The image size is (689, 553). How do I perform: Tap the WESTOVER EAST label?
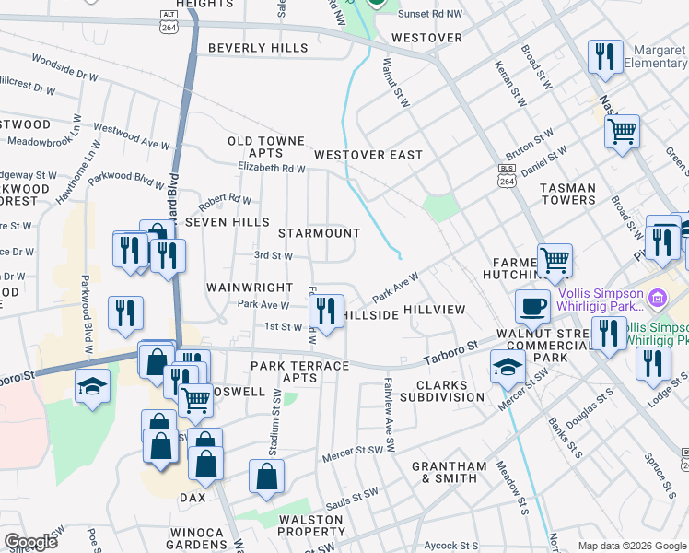point(368,155)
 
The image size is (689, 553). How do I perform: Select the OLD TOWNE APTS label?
point(266,147)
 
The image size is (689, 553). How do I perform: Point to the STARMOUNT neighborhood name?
point(319,233)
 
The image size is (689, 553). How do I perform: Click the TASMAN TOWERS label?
point(568,194)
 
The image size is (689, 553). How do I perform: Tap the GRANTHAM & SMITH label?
point(449,472)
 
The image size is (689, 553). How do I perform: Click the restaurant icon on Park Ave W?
point(327,311)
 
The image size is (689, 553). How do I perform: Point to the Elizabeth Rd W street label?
point(271,169)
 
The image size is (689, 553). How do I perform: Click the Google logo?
point(31,542)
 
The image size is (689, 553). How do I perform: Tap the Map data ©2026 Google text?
point(631,546)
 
